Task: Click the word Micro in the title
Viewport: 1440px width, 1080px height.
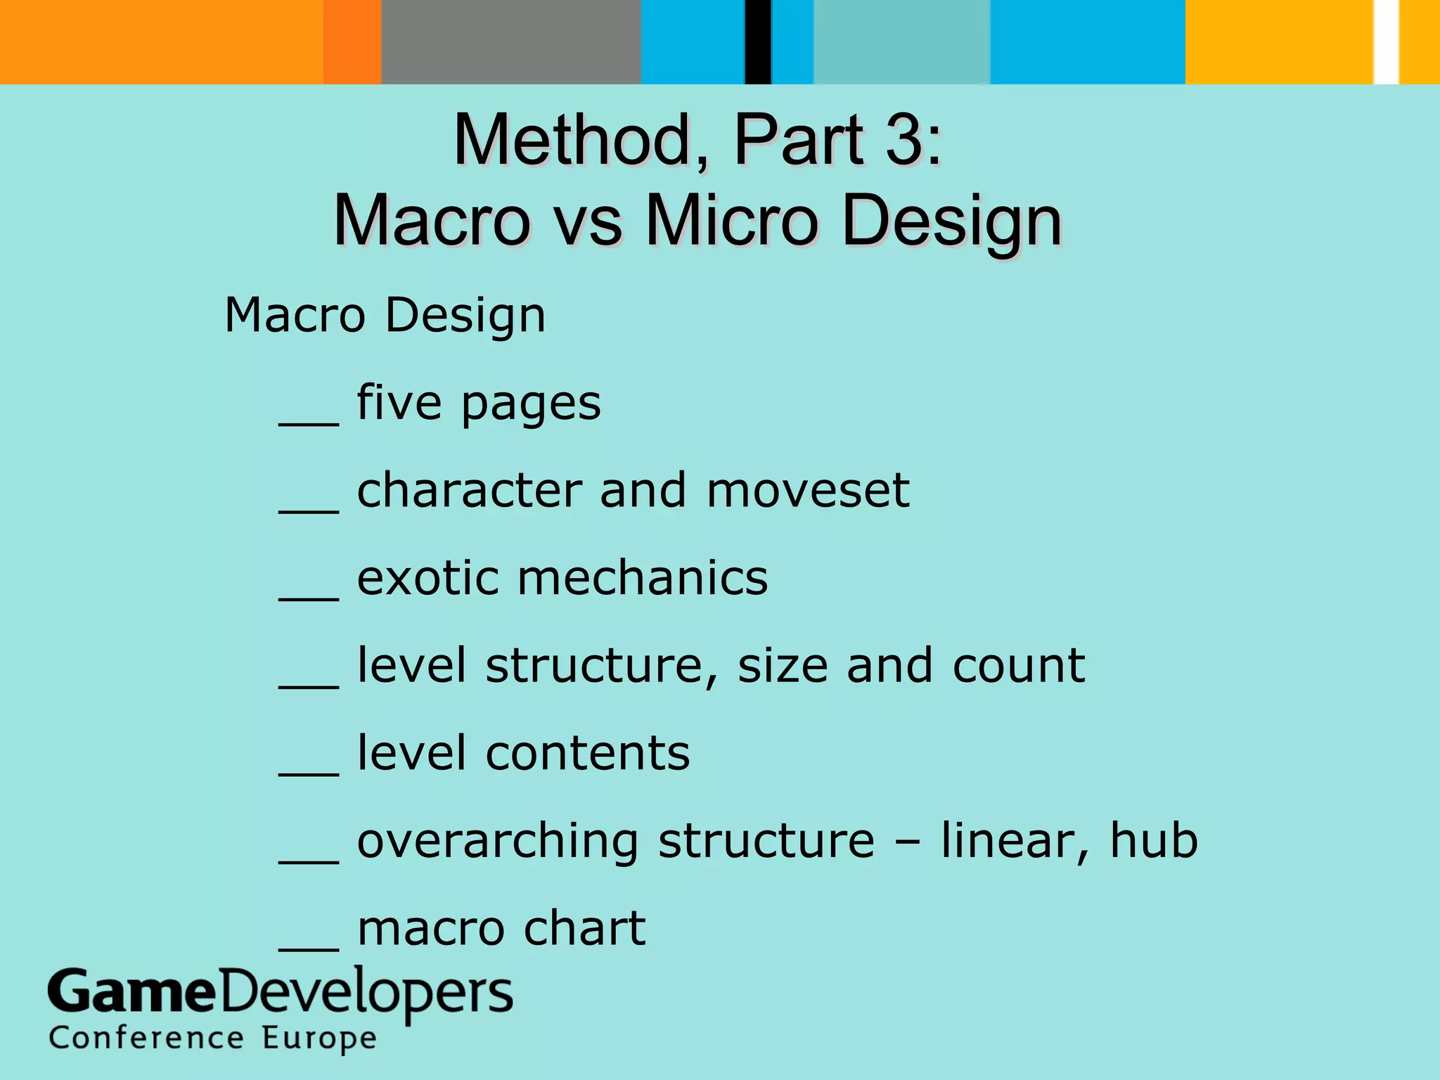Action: (733, 221)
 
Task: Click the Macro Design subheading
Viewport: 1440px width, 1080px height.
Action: (385, 315)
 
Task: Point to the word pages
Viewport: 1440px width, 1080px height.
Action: (531, 404)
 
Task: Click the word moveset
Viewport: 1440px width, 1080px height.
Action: (808, 490)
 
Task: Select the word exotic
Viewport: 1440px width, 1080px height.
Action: (427, 578)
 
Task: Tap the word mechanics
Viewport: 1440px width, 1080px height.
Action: (643, 578)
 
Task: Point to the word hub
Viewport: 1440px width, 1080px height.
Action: (1153, 840)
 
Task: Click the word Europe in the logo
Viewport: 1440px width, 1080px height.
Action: (320, 1039)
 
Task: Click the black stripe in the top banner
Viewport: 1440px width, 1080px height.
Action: (758, 42)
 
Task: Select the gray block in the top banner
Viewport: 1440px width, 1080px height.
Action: (511, 42)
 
